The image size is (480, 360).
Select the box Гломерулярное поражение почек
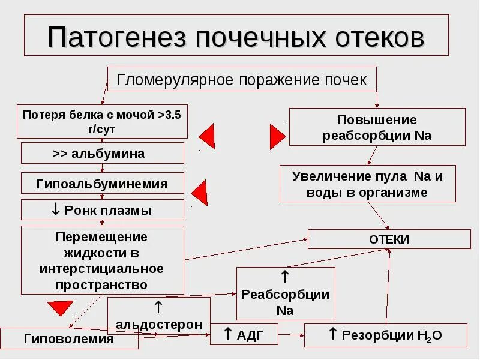point(242,80)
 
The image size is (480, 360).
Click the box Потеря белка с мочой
point(102,121)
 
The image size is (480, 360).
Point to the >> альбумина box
point(102,153)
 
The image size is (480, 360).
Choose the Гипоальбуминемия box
point(102,183)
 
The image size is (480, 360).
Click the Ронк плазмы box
point(102,210)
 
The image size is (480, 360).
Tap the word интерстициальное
point(101,268)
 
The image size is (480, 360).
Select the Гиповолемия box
point(69,338)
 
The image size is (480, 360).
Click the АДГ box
point(244,334)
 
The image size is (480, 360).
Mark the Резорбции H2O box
point(385,335)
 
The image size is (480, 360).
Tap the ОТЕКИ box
point(389,239)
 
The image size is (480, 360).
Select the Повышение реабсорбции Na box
point(377,127)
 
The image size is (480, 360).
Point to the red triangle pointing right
point(276,136)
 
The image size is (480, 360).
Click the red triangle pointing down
point(60,308)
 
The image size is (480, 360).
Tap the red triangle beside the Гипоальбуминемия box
point(200,192)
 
